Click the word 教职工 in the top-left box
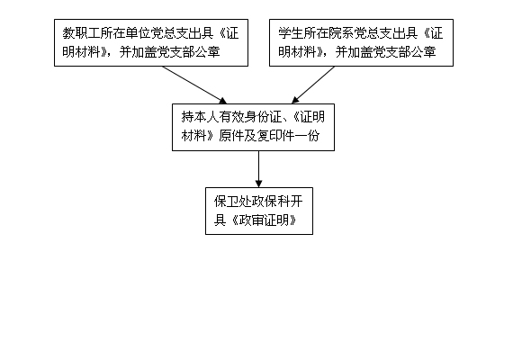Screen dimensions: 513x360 click(82, 33)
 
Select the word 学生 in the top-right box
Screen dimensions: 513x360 click(291, 33)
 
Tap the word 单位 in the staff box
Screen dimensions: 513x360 click(145, 33)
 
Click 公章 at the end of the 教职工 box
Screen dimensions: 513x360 click(207, 51)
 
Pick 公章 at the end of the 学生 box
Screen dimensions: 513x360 click(423, 51)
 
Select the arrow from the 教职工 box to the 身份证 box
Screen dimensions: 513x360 click(194, 85)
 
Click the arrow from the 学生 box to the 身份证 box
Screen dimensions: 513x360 click(313, 85)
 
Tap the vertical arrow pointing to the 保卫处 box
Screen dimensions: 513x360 click(259, 169)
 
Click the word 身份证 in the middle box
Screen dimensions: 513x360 click(264, 117)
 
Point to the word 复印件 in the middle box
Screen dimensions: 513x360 click(275, 136)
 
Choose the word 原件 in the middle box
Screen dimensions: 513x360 click(231, 136)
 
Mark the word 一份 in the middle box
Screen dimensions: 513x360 click(307, 136)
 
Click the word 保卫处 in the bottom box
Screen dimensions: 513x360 click(233, 202)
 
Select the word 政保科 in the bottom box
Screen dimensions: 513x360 click(271, 202)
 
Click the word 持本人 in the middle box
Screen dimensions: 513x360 click(201, 117)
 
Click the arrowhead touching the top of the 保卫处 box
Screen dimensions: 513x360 click(259, 184)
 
